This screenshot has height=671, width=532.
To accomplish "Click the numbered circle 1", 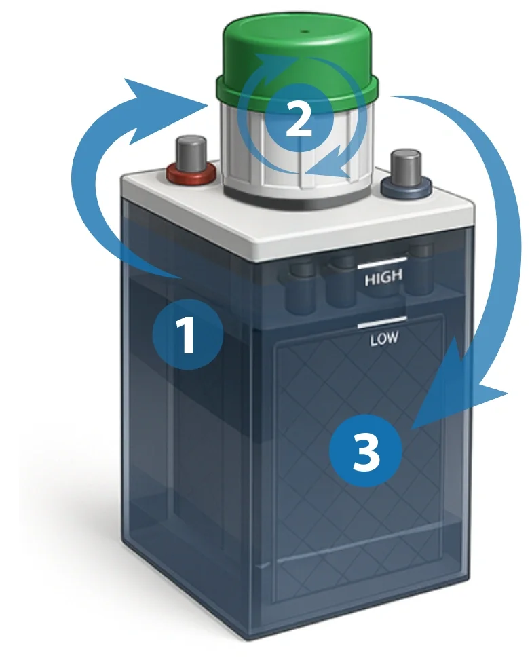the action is tap(187, 334).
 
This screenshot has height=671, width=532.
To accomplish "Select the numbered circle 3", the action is tap(366, 450).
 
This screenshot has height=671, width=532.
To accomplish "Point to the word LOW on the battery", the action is tap(384, 339).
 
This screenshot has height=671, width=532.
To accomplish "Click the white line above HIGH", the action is tap(382, 263).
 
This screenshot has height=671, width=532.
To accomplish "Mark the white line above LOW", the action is tap(382, 322).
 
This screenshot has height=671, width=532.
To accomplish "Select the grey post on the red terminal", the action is tap(190, 153).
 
